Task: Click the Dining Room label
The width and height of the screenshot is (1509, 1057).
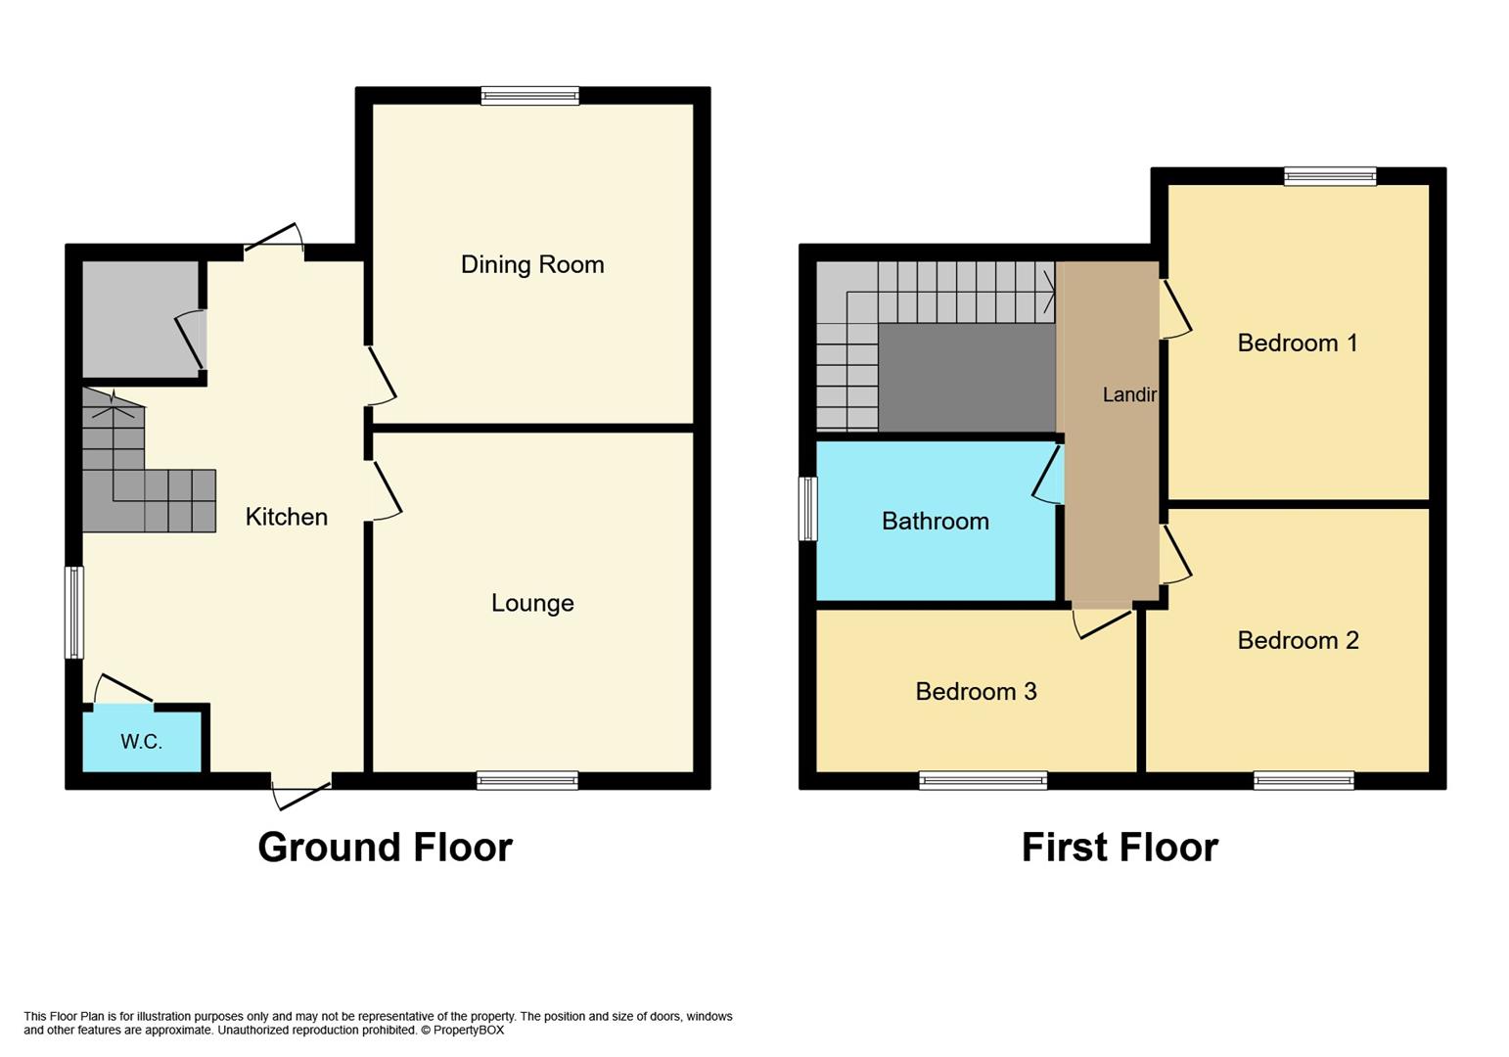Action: [x=532, y=264]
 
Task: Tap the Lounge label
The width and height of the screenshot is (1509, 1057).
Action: [x=532, y=603]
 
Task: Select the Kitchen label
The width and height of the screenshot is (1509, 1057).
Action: [x=286, y=517]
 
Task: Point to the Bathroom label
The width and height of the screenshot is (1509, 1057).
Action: [x=935, y=521]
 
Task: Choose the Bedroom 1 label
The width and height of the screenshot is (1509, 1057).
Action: [x=1297, y=343]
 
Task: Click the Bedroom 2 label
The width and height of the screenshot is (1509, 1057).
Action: [x=1298, y=640]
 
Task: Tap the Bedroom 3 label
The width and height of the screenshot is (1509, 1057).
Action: [x=976, y=691]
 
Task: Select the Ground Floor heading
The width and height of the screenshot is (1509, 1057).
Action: [x=385, y=847]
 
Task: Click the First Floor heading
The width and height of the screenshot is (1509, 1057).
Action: [x=1120, y=847]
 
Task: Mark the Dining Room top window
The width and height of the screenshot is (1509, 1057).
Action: [x=529, y=95]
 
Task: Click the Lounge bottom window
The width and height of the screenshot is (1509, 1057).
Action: [x=527, y=780]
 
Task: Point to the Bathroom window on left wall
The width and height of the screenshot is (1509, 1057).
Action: [x=807, y=508]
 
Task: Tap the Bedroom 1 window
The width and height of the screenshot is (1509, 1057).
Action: [x=1330, y=176]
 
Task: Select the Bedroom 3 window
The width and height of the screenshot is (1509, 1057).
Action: [x=983, y=780]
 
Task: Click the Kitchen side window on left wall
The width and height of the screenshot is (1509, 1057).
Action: [x=73, y=613]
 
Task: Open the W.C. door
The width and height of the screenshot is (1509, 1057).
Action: [x=123, y=690]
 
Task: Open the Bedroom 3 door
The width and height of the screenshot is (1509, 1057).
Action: [x=1103, y=621]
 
